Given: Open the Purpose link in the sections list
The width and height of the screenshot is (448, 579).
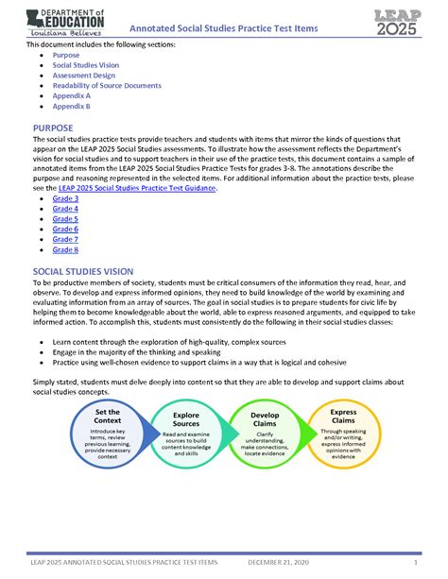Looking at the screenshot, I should pos(67,57).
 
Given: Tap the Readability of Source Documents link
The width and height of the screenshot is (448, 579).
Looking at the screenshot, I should pos(111,86).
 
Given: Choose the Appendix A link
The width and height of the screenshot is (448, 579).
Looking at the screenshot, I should pos(72,96).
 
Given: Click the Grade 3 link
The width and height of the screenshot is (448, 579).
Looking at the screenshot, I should pos(65,199).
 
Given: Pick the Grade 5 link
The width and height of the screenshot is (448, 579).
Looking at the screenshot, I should pos(65,219).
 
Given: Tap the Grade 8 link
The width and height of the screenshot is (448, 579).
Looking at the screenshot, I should pos(65,249).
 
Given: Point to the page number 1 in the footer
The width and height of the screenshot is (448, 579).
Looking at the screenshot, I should pos(415,562).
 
